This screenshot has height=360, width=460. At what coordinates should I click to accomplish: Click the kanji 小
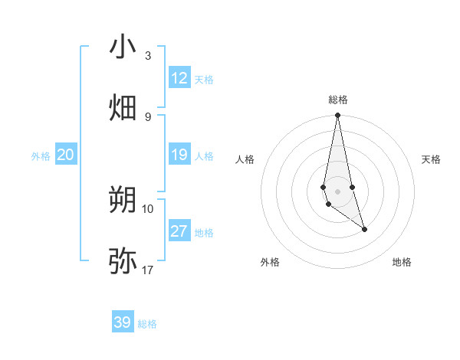click(x=123, y=47)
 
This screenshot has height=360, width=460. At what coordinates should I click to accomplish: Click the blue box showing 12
click(x=179, y=78)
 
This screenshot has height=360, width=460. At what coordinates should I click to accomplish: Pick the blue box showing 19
click(x=179, y=155)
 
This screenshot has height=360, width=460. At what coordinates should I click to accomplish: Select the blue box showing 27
click(x=179, y=231)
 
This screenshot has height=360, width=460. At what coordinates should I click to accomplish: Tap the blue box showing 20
click(x=66, y=155)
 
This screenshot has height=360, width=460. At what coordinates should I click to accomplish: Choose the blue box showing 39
click(x=123, y=322)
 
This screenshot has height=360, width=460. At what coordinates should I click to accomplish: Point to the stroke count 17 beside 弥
click(x=147, y=270)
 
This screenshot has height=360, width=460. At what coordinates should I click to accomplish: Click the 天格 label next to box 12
click(x=204, y=79)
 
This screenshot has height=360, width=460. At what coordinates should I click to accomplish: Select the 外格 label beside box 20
click(x=41, y=156)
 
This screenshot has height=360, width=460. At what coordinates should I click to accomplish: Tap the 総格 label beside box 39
click(x=147, y=323)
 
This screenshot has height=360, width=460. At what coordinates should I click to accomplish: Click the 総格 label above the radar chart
click(x=337, y=100)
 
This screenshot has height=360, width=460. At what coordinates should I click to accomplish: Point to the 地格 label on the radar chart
click(x=402, y=262)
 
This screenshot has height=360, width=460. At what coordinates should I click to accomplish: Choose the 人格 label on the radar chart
click(x=245, y=159)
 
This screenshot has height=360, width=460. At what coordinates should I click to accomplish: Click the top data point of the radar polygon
click(x=337, y=116)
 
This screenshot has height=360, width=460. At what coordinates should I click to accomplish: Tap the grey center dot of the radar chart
click(x=337, y=191)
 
